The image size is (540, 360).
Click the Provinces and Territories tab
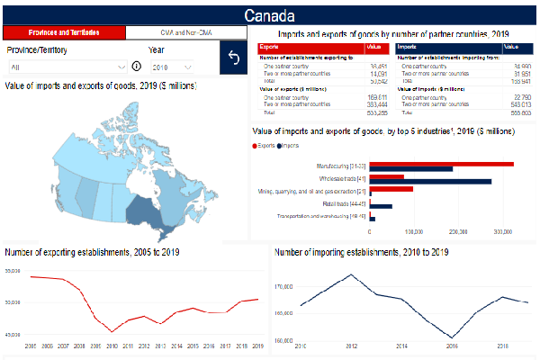coord(63,32)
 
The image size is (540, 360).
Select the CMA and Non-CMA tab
coord(185,32)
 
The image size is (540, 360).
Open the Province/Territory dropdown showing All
coord(67,67)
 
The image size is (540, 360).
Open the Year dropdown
coord(171,67)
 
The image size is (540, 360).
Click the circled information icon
coord(137,67)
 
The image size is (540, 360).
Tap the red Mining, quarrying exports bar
coord(391,189)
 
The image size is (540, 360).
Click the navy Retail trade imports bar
coord(380,207)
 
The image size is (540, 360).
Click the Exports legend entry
coord(265,144)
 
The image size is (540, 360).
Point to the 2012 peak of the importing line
coord(351,274)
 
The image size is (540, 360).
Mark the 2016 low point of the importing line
coord(452,337)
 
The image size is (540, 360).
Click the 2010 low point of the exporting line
coord(112,332)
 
